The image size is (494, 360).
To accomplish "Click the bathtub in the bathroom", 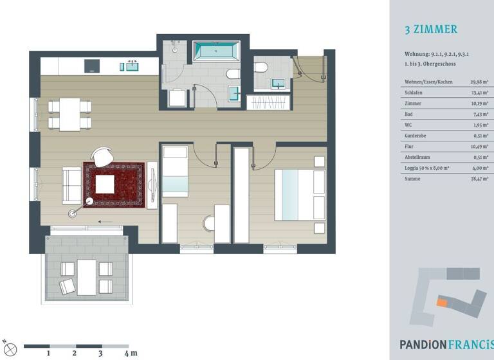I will tap(216, 51).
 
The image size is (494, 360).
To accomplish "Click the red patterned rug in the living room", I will tap(113, 185).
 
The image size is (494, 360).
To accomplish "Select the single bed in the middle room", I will tap(174, 172).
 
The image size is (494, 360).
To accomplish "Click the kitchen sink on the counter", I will tap(133, 66).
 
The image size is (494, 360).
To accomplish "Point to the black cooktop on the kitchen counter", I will tap(93, 66).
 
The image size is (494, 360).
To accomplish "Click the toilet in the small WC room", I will tap(261, 67).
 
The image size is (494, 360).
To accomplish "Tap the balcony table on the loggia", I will tap(86, 276).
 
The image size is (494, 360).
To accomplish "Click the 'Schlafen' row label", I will tap(414, 92).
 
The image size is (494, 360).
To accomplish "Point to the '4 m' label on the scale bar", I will tap(131, 353).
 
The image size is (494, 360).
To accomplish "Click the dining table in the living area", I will tap(69, 114).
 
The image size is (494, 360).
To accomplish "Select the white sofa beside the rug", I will tap(71, 185).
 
